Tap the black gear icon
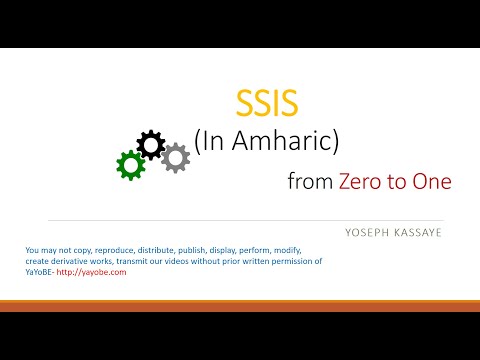pos(151,145)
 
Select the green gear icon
pos(130,165)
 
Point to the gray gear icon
pos(176,157)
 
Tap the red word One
pos(431,182)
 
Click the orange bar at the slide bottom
pos(240,305)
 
